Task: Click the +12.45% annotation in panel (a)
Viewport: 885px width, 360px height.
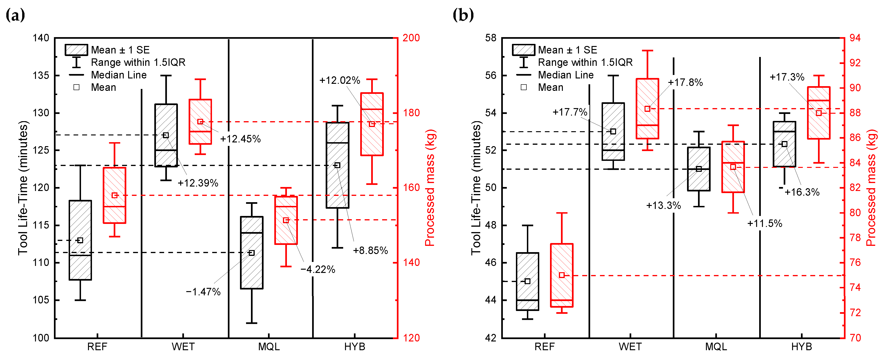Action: [x=240, y=139]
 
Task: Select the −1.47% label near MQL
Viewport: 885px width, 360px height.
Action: [x=203, y=292]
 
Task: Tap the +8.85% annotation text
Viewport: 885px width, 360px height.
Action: [x=370, y=251]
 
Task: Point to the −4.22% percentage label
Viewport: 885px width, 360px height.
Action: [x=318, y=269]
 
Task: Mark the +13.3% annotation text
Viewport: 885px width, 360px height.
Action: [x=663, y=205]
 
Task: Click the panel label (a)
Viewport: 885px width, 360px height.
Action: [x=15, y=15]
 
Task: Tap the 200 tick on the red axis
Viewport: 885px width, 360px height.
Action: [x=411, y=38]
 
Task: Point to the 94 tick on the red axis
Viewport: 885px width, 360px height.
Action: [x=855, y=38]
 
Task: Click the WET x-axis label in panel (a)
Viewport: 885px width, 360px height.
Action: [x=183, y=347]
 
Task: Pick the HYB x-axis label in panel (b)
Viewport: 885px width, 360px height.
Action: [x=801, y=347]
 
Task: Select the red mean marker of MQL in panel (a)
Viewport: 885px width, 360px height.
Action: [x=286, y=220]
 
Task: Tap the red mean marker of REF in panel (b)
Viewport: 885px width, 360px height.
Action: [x=562, y=275]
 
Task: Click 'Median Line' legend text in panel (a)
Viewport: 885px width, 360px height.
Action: [x=119, y=75]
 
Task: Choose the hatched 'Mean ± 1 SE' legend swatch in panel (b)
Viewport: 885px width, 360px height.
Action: [x=523, y=50]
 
